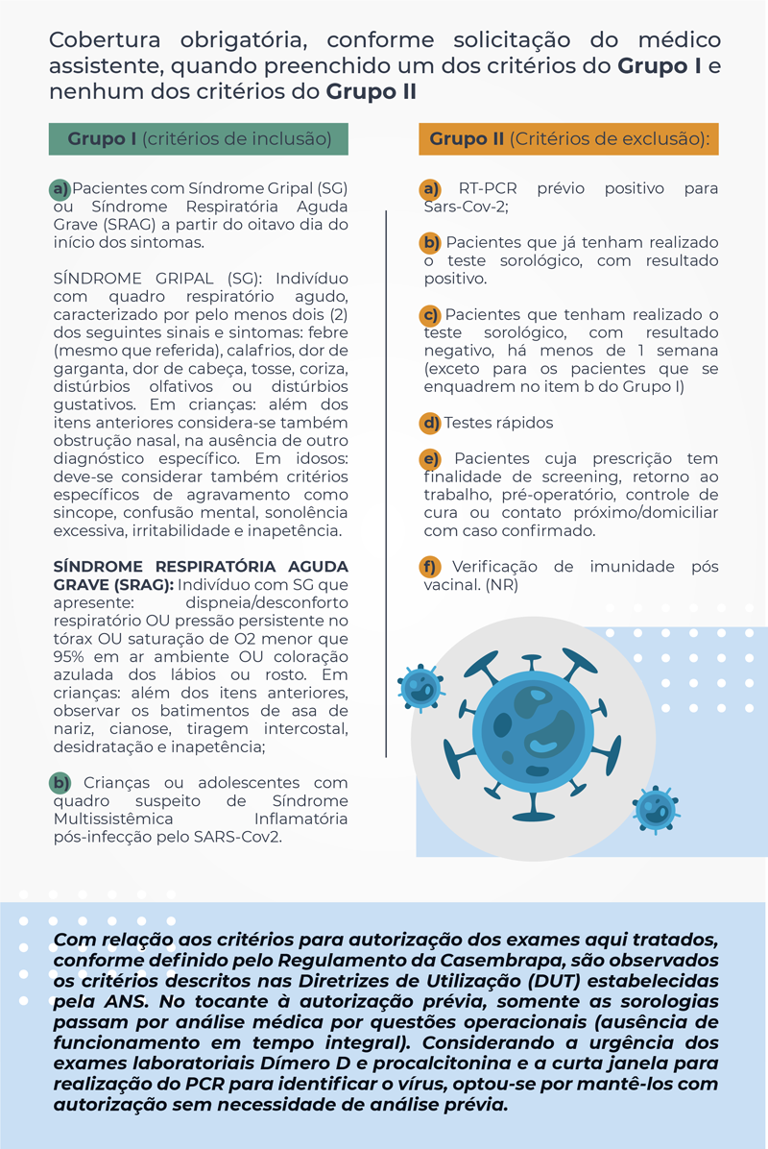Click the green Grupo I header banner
(199, 139)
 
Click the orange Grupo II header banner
(568, 139)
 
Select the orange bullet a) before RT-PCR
(432, 189)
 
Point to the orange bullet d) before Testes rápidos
(432, 423)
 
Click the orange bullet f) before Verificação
(432, 566)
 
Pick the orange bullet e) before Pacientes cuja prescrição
(432, 458)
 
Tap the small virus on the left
(420, 686)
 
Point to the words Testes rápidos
(499, 423)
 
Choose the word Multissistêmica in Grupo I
(111, 819)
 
